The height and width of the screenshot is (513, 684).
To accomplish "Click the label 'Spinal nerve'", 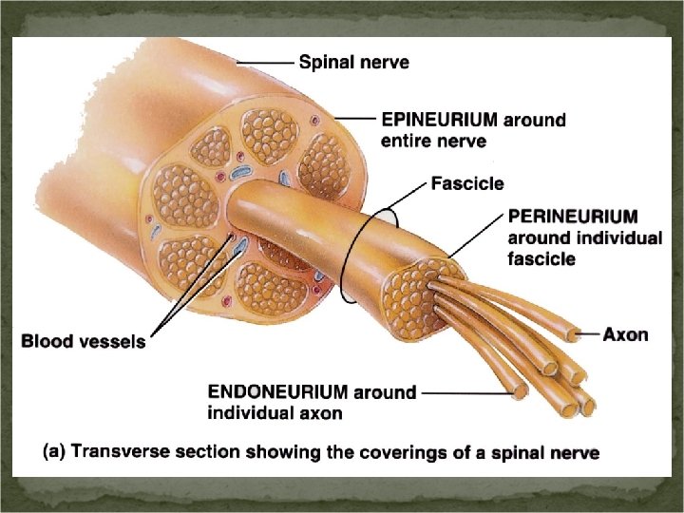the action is point(353,64).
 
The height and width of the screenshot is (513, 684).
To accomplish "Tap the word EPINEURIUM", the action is point(439,121).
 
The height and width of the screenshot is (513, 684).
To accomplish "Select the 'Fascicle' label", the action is point(466,182).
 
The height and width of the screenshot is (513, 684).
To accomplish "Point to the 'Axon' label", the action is point(626,334).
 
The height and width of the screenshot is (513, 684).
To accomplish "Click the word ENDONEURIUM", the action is point(278,392).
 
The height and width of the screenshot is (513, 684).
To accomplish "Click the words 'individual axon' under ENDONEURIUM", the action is point(275,413).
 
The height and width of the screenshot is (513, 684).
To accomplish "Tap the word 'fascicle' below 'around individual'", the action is point(541,259).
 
